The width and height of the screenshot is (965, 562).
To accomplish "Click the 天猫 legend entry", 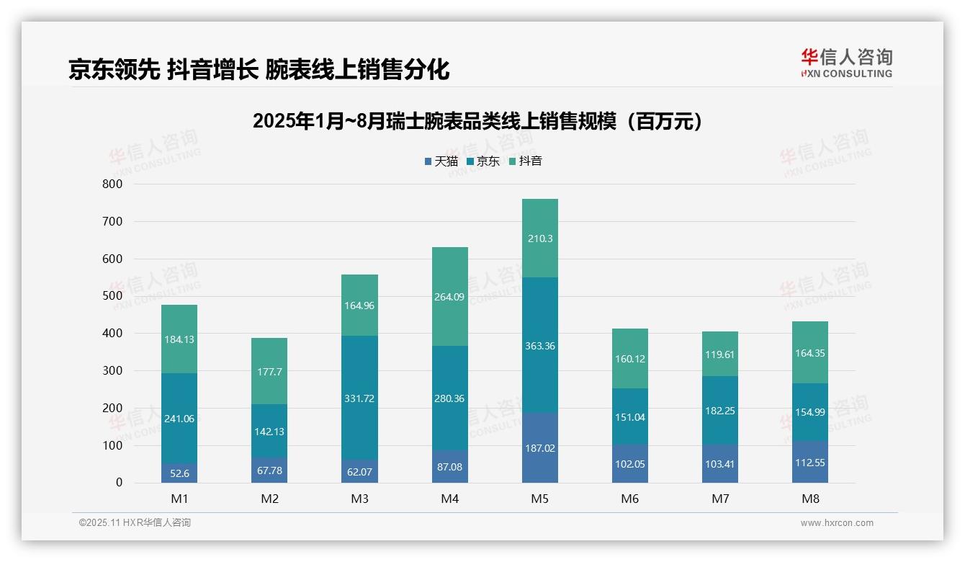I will [441, 161].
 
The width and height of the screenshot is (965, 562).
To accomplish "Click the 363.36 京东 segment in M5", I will [540, 346].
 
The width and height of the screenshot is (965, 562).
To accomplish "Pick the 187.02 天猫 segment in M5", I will [540, 448].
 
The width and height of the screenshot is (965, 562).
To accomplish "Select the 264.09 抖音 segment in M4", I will [450, 296].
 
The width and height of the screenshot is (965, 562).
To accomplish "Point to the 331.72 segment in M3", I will [360, 398].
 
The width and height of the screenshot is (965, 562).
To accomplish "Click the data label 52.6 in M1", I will [179, 473].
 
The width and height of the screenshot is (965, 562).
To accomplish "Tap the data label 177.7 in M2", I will [269, 372].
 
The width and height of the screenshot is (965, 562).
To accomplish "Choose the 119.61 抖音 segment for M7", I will [720, 354].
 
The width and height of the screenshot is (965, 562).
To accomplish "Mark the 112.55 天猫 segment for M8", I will [810, 463].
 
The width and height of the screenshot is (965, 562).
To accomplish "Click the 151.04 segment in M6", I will [630, 417].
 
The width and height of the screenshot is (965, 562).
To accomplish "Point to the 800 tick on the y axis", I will [112, 184].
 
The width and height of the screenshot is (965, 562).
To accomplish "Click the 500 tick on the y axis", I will [112, 296].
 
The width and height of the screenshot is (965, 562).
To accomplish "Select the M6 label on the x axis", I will [630, 499].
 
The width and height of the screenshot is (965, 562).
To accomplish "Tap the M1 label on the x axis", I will [179, 499].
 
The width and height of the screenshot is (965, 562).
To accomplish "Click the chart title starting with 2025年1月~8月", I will [478, 121].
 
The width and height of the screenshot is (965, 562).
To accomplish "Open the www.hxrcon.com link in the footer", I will [837, 523].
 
